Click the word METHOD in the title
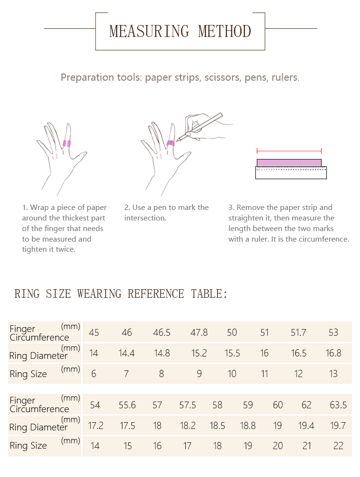coord(225,32)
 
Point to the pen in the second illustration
coord(202,126)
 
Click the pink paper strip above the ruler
coord(289,162)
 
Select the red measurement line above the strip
coord(289,150)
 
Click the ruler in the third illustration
coord(291,172)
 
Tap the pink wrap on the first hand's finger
coord(67,143)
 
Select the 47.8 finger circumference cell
coord(199,332)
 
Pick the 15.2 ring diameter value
coord(199,353)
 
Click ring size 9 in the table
coord(199,374)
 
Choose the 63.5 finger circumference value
coord(338,405)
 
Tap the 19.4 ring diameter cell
coord(306,426)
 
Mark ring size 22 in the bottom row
coord(338,446)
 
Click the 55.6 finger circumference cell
coord(127,405)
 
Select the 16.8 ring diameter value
coord(333,353)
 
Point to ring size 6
coord(94,374)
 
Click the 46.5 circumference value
coord(162,332)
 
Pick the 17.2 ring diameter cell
coord(96,426)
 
